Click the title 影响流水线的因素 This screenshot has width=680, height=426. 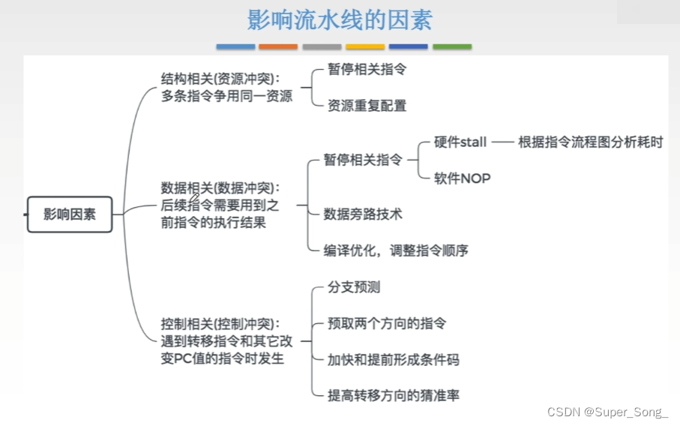pos(340,19)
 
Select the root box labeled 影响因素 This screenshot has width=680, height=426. pos(70,214)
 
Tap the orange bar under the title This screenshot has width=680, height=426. pos(278,46)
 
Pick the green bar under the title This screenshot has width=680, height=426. pos(452,46)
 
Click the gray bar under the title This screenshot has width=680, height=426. pos(322,46)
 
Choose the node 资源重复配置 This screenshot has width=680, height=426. pos(367,106)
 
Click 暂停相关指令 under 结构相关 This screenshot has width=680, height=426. pos(367,69)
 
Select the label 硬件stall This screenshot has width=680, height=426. pos(460,142)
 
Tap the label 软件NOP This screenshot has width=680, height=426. pos(462,178)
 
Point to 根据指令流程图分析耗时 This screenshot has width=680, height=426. pos(591,142)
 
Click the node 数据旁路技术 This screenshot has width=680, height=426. pos(363,214)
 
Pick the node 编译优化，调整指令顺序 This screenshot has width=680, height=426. pos(396,250)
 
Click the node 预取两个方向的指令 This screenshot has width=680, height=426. pos(387,324)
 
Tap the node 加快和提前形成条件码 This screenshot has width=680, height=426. pos(394,360)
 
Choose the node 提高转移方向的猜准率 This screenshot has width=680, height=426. pos(394,396)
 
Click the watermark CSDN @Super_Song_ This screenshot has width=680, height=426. pos(607,412)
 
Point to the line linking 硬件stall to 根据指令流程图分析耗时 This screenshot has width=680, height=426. pos(502,142)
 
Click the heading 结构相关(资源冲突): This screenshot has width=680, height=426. pos(220,78)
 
